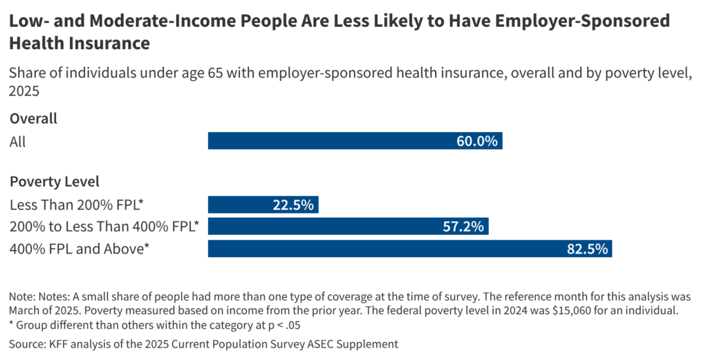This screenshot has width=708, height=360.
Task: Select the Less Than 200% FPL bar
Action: point(263,205)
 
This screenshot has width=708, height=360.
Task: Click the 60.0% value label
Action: point(476,141)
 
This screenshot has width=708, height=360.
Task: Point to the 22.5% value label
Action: point(293,205)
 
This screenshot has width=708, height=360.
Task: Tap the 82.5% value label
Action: point(587,249)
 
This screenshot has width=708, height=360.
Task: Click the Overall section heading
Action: point(33,118)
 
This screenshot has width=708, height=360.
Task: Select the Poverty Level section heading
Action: point(55,182)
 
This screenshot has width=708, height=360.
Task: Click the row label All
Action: point(17,141)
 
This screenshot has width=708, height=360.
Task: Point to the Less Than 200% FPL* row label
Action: point(80,205)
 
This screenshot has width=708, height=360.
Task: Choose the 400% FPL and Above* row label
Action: point(80,249)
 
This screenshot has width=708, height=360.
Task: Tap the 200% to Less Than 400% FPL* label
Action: point(104,227)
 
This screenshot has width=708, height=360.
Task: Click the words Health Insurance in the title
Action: point(80,44)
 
